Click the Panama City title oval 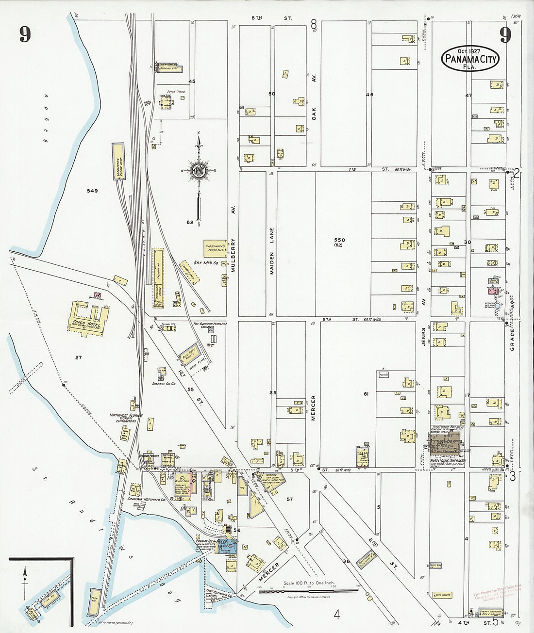pyautogui.click(x=469, y=59)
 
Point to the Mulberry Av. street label pyautogui.click(x=234, y=256)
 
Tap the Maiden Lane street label pyautogui.click(x=272, y=251)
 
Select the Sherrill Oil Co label pyautogui.click(x=163, y=383)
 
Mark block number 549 pyautogui.click(x=92, y=191)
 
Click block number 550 pyautogui.click(x=339, y=240)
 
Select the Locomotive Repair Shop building pyautogui.click(x=118, y=162)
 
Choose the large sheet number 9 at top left pyautogui.click(x=25, y=34)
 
